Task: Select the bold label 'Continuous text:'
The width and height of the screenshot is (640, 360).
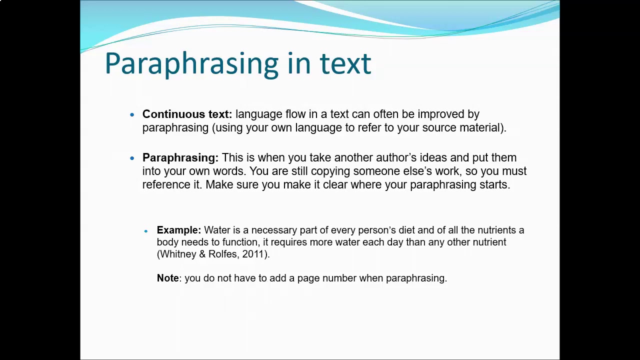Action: click(187, 114)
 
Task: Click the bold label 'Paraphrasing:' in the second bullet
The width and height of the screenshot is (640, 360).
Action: click(180, 158)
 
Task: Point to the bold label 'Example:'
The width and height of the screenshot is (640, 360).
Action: click(178, 230)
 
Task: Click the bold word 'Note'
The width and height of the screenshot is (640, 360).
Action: click(167, 278)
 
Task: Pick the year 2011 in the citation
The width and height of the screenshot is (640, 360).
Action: click(253, 254)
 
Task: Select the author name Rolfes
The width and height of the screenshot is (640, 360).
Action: click(223, 254)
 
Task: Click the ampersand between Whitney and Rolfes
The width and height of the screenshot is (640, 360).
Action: click(202, 254)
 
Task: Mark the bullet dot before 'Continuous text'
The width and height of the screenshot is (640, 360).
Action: click(132, 115)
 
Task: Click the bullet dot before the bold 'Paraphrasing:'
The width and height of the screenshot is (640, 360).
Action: click(132, 158)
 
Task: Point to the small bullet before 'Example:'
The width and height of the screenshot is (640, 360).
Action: click(146, 231)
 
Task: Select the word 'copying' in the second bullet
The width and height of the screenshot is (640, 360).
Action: click(330, 171)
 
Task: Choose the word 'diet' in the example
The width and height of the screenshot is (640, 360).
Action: click(406, 230)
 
